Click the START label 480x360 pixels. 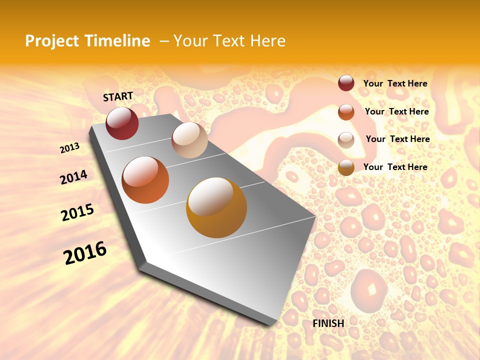[118, 96]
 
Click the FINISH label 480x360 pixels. [328, 323]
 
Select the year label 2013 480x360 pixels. [69, 147]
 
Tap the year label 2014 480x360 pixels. [73, 177]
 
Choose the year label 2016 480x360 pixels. [85, 253]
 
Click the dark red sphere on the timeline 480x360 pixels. [122, 123]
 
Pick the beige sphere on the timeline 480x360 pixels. [189, 140]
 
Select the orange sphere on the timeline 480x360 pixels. [145, 180]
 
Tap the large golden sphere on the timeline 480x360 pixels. [216, 207]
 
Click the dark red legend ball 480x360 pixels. [346, 83]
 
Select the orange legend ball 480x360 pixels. [346, 111]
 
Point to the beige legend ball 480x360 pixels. [346, 139]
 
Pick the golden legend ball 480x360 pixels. [346, 167]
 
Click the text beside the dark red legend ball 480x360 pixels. [395, 84]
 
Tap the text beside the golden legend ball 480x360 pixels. [395, 167]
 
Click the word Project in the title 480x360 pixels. [51, 41]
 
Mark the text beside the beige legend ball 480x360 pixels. [397, 139]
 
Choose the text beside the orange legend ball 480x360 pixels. [396, 111]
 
